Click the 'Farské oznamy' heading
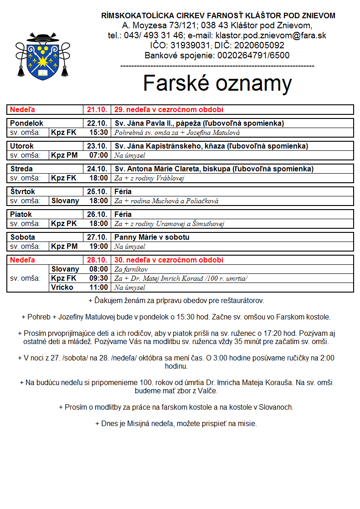(x=217, y=83)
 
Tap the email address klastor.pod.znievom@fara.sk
(x=270, y=36)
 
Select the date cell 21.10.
(x=97, y=110)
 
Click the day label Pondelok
(x=27, y=123)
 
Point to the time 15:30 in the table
(x=98, y=133)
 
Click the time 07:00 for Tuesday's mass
(x=98, y=155)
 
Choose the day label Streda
(x=21, y=169)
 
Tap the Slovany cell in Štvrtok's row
(x=65, y=201)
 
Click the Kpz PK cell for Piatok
(x=64, y=224)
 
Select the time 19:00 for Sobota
(x=98, y=247)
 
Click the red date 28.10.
(x=97, y=260)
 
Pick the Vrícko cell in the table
(x=62, y=288)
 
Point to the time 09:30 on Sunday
(x=98, y=278)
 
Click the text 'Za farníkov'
(x=131, y=269)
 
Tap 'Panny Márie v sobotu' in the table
(x=152, y=237)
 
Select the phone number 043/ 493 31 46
(x=146, y=36)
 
